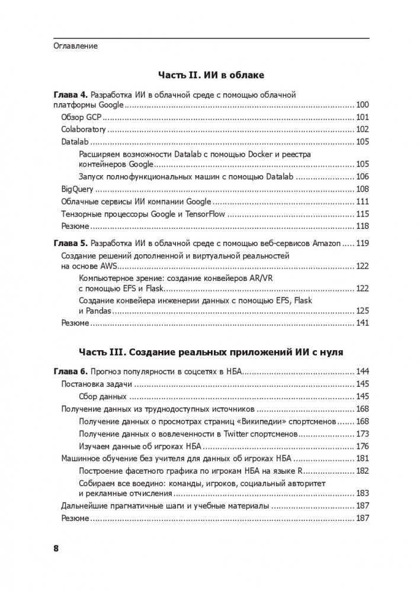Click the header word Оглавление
(75, 46)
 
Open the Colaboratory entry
(84, 130)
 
